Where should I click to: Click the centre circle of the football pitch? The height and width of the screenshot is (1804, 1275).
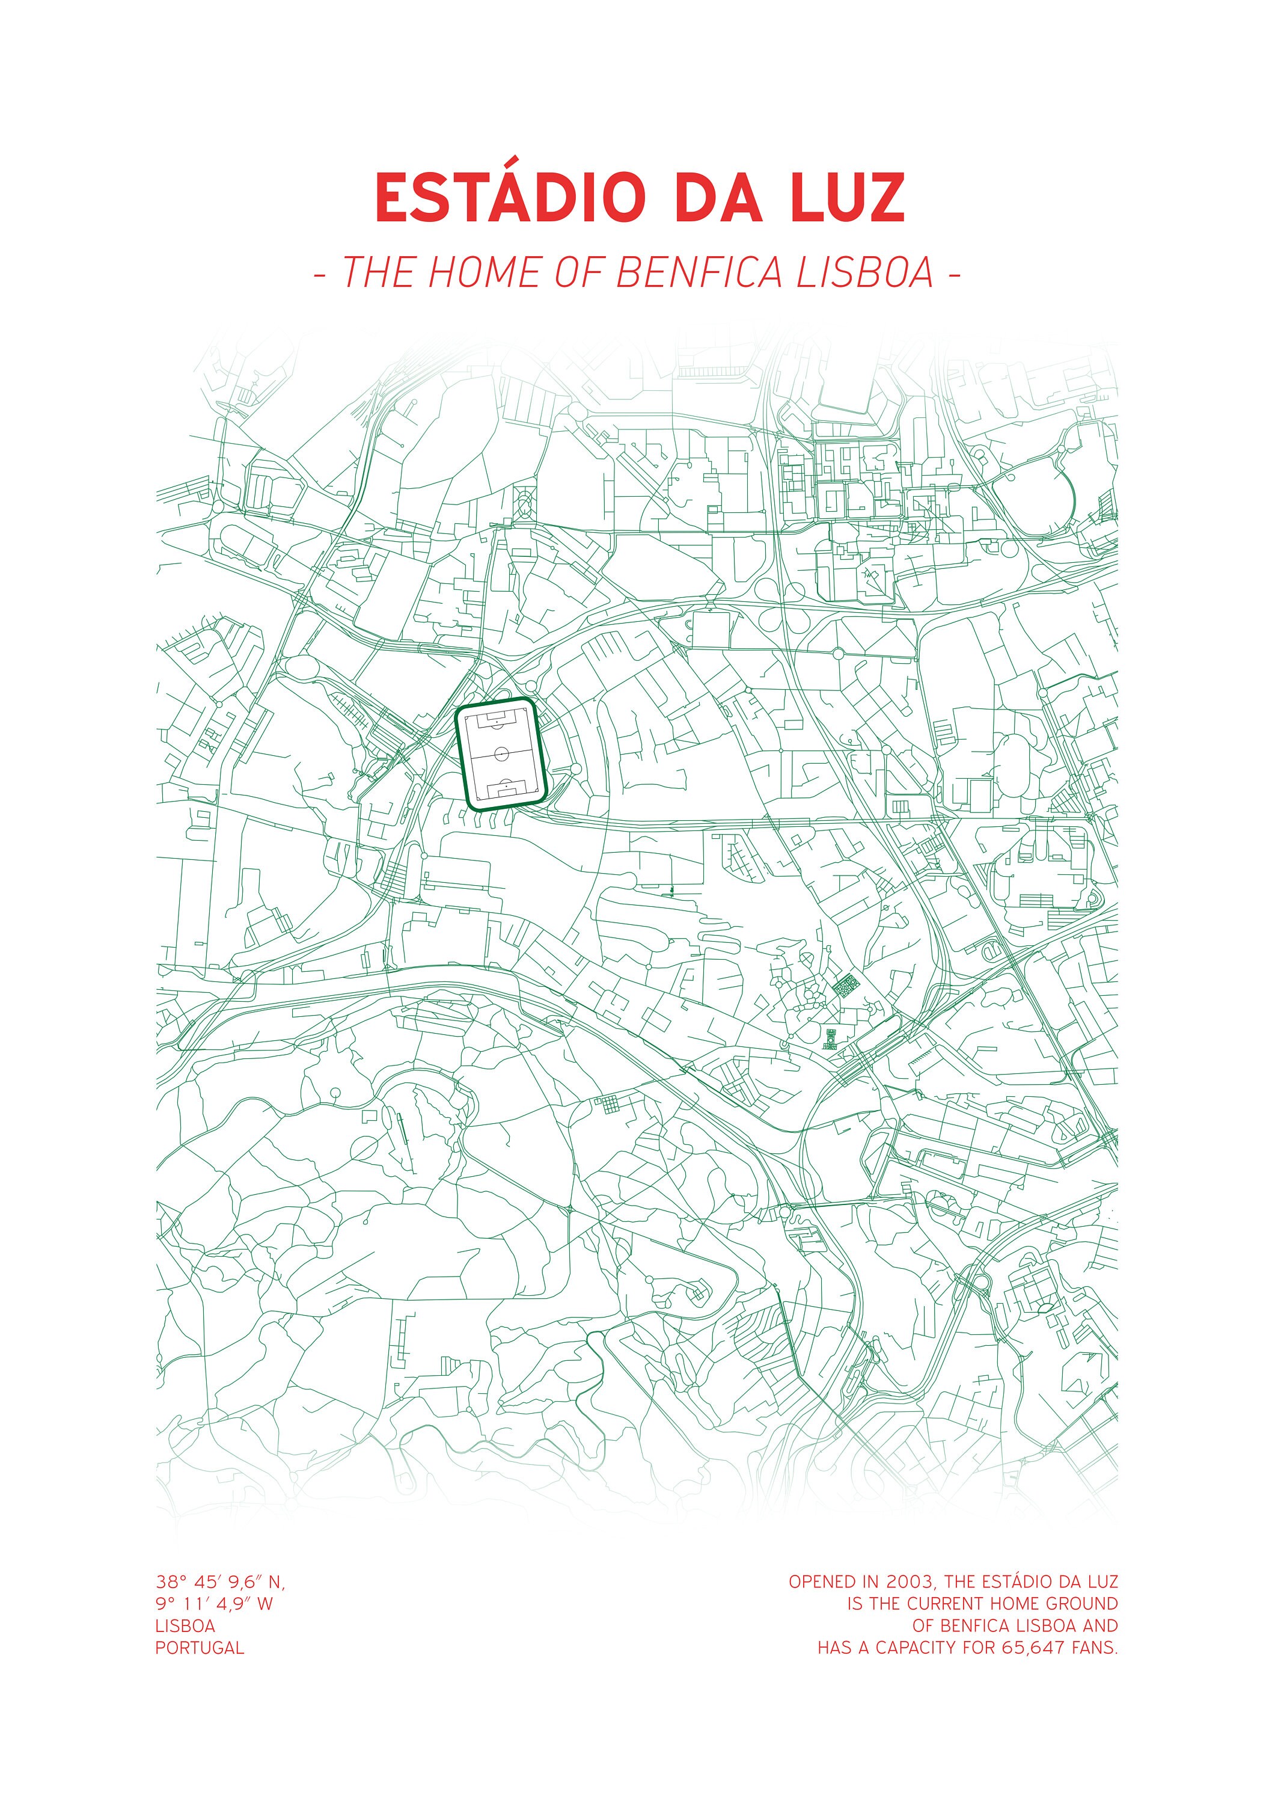click(503, 753)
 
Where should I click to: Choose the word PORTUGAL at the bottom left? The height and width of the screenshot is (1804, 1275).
click(200, 1648)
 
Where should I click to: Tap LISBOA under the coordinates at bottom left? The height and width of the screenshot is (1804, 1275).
click(185, 1625)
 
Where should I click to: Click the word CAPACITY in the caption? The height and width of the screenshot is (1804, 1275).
click(917, 1648)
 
